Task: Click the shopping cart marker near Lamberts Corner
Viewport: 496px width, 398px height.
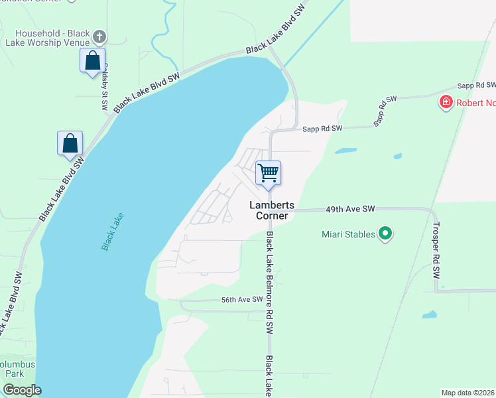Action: pos(269,174)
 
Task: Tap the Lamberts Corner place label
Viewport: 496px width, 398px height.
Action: pos(273,211)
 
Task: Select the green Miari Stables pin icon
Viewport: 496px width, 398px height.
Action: pos(385,233)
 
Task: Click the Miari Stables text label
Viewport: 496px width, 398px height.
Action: pos(347,233)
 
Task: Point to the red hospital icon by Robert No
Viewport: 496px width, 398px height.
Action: pos(446,102)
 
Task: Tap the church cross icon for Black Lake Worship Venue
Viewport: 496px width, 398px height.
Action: pos(100,36)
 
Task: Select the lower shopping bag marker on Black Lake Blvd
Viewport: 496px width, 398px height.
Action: pos(70,143)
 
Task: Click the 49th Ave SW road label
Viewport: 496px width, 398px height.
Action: pos(350,209)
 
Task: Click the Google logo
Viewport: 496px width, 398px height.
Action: pos(22,390)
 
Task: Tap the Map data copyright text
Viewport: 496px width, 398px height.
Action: pos(468,392)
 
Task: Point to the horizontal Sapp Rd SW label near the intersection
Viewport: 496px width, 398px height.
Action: pos(323,128)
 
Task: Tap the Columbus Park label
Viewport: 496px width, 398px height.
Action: pos(17,369)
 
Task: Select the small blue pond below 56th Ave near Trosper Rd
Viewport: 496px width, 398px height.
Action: pos(430,314)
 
